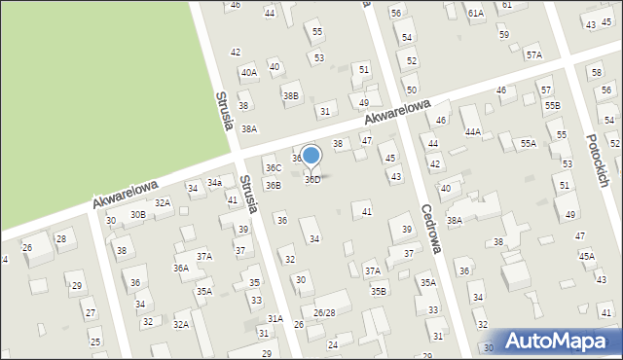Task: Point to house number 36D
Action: coord(312,180)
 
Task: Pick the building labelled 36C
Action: coord(274,168)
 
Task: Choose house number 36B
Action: coord(274,185)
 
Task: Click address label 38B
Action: coord(290,96)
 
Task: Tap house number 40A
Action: coord(249,73)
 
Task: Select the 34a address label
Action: coord(214,183)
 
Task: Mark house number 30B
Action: coord(138,215)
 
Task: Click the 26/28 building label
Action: coord(324,312)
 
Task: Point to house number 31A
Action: coord(275,319)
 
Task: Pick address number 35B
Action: coord(378,290)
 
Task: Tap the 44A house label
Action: coord(473,131)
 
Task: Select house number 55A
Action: coord(528,143)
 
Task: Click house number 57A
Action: coord(533,55)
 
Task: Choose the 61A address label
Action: coord(475,14)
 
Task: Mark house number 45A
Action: coord(587,256)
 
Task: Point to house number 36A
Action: coord(181,269)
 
